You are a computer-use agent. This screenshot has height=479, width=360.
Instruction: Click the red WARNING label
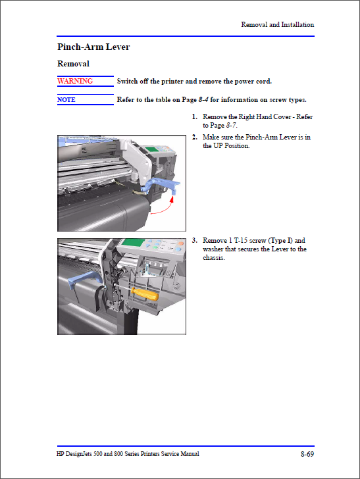[75, 81]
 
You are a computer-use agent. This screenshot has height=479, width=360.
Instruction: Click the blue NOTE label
[66, 99]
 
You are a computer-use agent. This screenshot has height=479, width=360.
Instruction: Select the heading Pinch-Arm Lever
[93, 47]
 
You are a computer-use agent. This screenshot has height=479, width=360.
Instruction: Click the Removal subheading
[73, 64]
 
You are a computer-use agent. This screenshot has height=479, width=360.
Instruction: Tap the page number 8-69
[307, 454]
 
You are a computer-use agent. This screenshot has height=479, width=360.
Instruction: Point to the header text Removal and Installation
[278, 24]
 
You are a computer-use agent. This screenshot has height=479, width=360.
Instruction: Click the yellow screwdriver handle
[145, 293]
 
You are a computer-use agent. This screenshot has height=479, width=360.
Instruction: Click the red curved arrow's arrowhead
[172, 199]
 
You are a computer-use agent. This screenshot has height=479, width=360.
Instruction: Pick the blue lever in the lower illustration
[84, 280]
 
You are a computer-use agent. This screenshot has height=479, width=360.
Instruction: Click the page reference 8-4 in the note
[203, 99]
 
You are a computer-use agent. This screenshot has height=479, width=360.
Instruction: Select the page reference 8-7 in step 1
[231, 125]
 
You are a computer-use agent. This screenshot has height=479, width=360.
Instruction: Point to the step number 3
[194, 240]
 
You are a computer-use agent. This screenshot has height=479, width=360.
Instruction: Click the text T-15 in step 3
[241, 240]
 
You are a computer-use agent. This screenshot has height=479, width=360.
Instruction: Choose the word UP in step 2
[218, 145]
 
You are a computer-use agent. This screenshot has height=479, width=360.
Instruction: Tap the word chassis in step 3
[213, 257]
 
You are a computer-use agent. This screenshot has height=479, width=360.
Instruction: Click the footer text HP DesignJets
[74, 454]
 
